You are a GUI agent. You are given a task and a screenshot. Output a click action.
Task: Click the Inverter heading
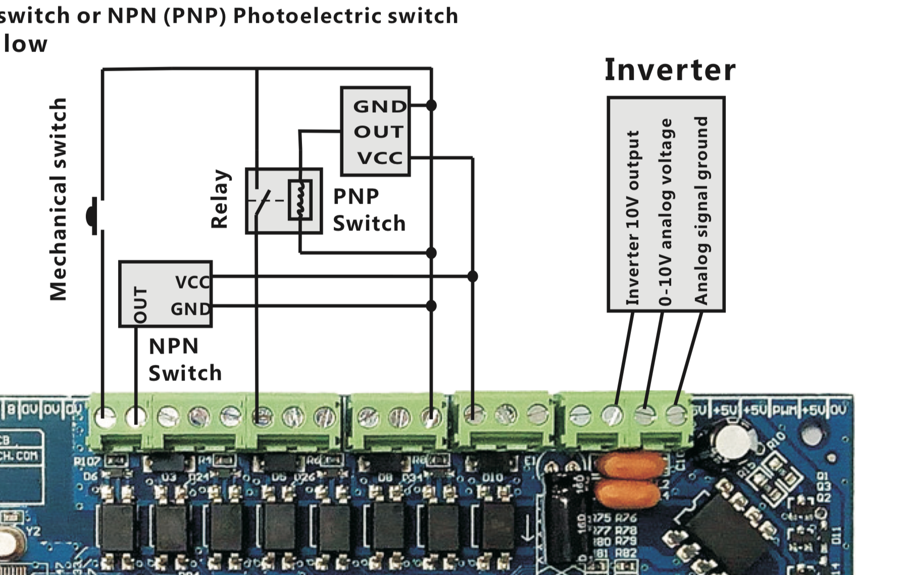click(670, 70)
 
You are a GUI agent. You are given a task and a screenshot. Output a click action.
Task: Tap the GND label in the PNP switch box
click(379, 107)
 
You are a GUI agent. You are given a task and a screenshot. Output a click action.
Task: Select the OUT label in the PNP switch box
click(378, 132)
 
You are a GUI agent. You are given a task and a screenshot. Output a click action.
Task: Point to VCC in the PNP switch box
click(380, 158)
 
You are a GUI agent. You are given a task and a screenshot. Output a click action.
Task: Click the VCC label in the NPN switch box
click(192, 282)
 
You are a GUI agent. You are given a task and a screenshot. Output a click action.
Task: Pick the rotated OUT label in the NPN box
click(140, 305)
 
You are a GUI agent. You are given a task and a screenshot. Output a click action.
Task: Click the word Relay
click(220, 199)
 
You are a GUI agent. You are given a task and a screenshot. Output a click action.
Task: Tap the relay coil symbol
click(300, 200)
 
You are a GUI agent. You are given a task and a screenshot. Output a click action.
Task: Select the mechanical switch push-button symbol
click(92, 216)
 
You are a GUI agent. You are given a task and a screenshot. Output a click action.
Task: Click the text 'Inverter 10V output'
click(633, 217)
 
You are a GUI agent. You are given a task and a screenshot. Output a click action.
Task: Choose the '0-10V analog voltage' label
click(666, 212)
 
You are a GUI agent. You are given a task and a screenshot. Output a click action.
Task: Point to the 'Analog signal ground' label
click(701, 210)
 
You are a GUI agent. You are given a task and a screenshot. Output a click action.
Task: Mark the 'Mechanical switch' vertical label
click(59, 200)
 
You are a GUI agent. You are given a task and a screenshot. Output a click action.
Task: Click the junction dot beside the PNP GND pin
click(431, 105)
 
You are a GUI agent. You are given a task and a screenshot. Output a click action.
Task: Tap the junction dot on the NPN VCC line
click(472, 276)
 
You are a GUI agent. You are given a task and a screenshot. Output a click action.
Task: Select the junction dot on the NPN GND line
click(431, 306)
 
